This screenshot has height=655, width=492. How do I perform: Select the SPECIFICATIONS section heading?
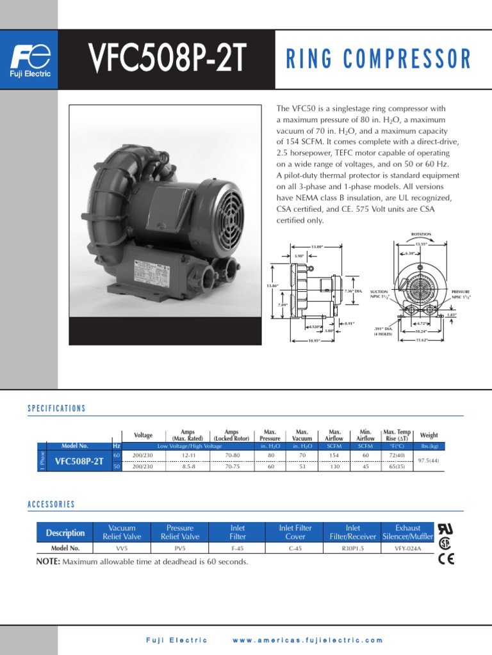[x=56, y=408]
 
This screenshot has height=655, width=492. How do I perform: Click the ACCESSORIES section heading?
[x=51, y=504]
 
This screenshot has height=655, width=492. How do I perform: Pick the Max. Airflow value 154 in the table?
[x=334, y=455]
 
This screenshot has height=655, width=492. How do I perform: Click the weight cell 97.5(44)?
[x=429, y=461]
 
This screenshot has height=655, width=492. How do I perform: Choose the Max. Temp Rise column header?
[x=397, y=436]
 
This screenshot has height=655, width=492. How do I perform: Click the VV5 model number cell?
[x=122, y=548]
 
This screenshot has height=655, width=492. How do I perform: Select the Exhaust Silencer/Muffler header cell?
[x=408, y=532]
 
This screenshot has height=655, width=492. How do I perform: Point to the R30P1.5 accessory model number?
[x=352, y=548]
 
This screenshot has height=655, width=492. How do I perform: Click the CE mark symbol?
[x=447, y=559]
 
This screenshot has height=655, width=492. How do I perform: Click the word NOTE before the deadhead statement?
[x=48, y=562]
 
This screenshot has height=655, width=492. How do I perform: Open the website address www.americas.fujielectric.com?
[x=307, y=640]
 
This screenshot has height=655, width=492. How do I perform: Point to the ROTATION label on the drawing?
[x=421, y=234]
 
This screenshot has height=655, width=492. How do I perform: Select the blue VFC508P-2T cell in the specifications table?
[x=79, y=461]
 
